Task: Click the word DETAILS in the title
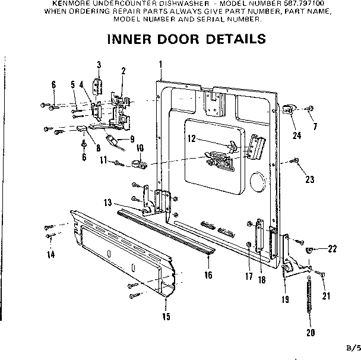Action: (231, 40)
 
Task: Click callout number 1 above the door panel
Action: (160, 64)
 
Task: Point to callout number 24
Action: (296, 135)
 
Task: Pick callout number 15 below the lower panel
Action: (166, 317)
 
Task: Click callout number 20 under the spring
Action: (310, 332)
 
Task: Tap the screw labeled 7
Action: (311, 109)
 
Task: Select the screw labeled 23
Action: (294, 160)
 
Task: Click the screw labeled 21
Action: (320, 273)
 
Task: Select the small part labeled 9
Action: (110, 140)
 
